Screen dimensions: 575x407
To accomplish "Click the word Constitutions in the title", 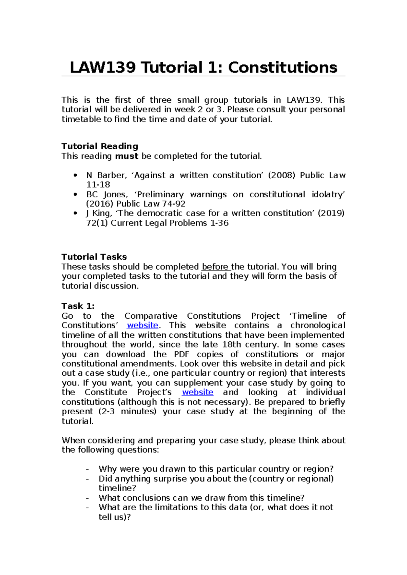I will click(x=283, y=67).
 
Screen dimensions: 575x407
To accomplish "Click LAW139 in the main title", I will click(x=102, y=67).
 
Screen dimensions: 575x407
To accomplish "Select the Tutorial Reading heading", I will click(x=100, y=146).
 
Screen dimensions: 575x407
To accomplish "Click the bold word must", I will click(x=127, y=156).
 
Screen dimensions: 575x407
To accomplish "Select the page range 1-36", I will click(x=219, y=223).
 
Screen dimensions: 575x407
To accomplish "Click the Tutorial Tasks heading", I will click(x=94, y=257).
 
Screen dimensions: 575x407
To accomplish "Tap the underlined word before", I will click(x=215, y=267).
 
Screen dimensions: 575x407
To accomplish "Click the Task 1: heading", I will click(x=78, y=306).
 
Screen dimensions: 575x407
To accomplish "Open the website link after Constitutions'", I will click(x=142, y=325).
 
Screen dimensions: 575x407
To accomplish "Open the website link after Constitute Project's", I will click(x=197, y=392).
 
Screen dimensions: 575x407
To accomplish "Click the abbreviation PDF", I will click(x=181, y=354).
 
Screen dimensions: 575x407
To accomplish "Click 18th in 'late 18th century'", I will click(x=231, y=344).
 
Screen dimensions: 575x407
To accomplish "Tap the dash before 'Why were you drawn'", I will click(x=88, y=469).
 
